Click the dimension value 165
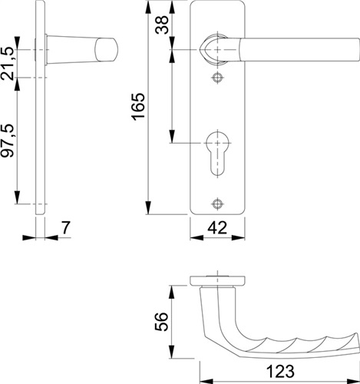[x=138, y=107]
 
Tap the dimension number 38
[x=162, y=25]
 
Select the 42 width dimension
[x=217, y=227]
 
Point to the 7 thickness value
[x=66, y=227]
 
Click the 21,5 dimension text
[x=7, y=63]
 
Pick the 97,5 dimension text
[x=7, y=141]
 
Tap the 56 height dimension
[x=162, y=322]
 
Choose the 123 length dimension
[x=280, y=371]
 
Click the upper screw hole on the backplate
[x=217, y=78]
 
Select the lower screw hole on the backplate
[x=217, y=204]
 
